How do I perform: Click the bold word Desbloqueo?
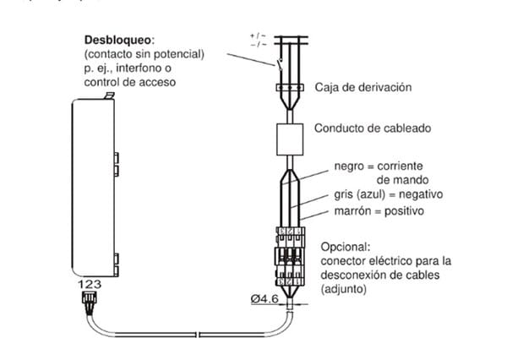pos(117,40)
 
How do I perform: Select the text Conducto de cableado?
pos(373,129)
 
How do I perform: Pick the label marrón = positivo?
pos(379,210)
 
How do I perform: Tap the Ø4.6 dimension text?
pos(265,297)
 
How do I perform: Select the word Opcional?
pos(345,247)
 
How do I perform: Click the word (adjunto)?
pos(344,290)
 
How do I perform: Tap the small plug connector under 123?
pos(89,303)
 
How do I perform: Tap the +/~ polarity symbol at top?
pos(257,35)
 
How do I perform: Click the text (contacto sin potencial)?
pos(144,54)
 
